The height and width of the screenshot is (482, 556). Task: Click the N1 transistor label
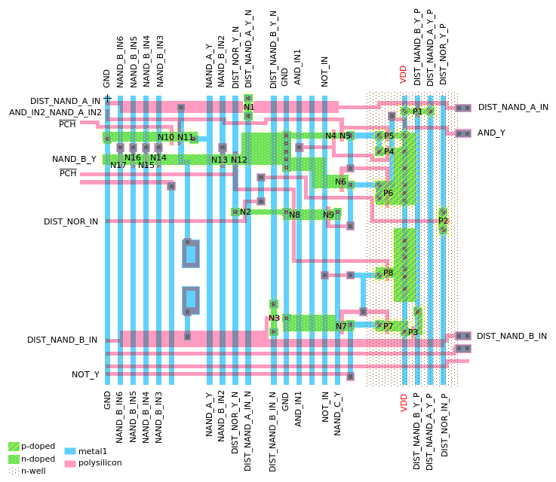(x=249, y=108)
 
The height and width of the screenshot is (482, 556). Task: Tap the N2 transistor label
(x=245, y=212)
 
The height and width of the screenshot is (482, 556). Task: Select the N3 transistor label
(x=274, y=319)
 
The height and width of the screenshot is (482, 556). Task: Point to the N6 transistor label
(x=340, y=182)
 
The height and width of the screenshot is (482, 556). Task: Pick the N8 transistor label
(x=294, y=215)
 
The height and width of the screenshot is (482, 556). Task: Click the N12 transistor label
(x=239, y=160)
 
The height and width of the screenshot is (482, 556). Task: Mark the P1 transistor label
(x=417, y=111)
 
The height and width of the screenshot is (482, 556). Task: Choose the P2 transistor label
(x=444, y=221)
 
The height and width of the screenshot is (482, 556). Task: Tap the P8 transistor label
(x=388, y=273)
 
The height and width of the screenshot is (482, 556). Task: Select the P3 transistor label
(x=413, y=332)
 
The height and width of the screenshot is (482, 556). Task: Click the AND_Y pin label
(x=491, y=133)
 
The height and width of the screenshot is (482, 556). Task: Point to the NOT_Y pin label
(x=85, y=374)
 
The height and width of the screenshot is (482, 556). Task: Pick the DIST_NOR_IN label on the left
(x=71, y=221)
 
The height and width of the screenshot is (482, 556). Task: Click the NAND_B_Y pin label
(x=74, y=159)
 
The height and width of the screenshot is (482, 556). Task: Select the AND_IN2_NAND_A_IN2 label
(x=55, y=112)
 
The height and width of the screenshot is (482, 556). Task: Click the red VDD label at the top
(x=404, y=74)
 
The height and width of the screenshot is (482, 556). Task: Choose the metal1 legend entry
(x=92, y=451)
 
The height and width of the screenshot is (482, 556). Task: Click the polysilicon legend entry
(x=100, y=462)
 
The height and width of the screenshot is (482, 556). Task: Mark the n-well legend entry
(x=33, y=471)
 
